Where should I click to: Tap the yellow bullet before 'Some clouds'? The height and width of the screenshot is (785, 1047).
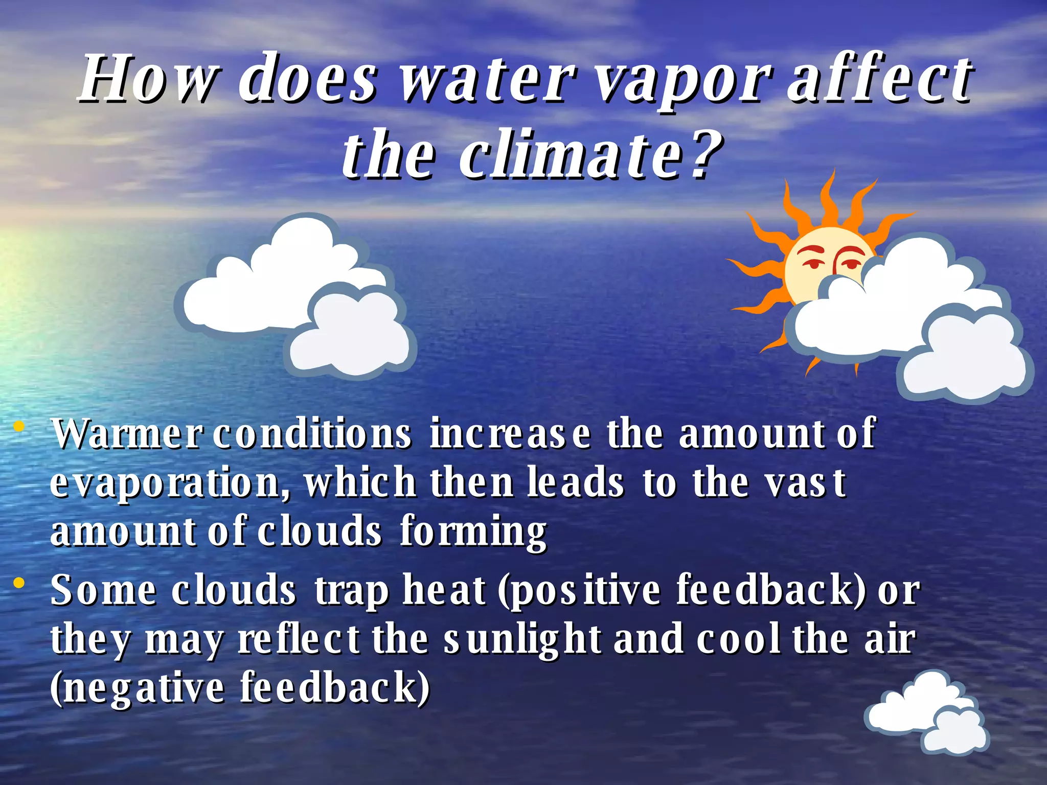click(x=19, y=583)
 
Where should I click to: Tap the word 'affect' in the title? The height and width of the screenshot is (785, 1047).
click(x=879, y=79)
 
